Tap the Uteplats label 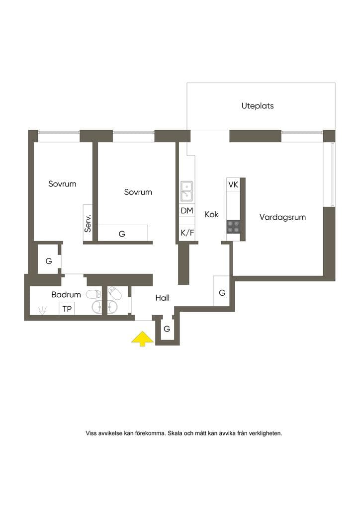[258, 106]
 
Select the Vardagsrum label [282, 217]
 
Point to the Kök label [212, 214]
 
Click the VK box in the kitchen [233, 184]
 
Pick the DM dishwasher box [187, 211]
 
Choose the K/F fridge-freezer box [187, 233]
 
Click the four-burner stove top [233, 227]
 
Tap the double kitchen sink [186, 191]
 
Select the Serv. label [88, 223]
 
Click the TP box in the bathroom [67, 308]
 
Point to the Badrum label [66, 295]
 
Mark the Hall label [162, 298]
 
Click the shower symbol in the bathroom [42, 310]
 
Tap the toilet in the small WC [114, 293]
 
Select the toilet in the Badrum [93, 294]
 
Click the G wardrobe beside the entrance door [167, 329]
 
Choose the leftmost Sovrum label [62, 184]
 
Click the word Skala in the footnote [175, 433]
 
